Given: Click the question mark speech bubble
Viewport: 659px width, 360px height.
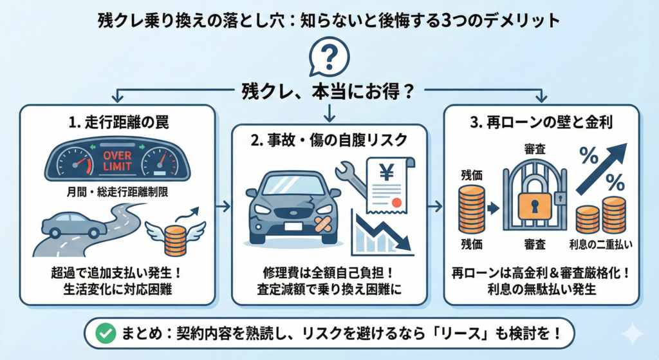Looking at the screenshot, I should [x=329, y=59].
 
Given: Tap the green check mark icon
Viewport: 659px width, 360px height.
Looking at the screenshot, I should [x=103, y=334].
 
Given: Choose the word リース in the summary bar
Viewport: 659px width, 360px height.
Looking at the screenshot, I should [x=459, y=334].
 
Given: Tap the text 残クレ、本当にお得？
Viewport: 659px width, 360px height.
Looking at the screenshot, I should [x=328, y=90].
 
